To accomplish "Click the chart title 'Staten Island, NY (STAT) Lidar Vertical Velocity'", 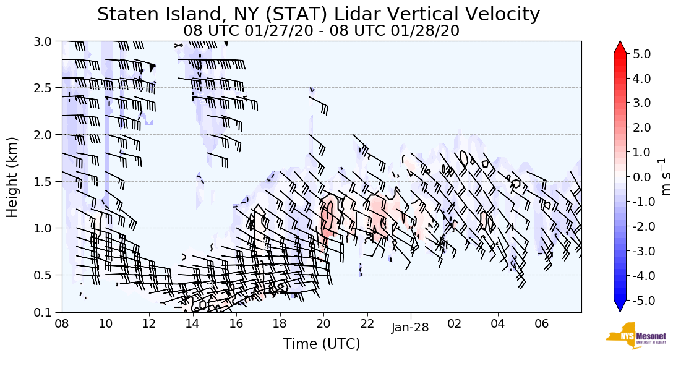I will click(x=319, y=14).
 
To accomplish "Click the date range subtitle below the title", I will click(x=321, y=30).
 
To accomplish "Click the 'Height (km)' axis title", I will click(x=12, y=177).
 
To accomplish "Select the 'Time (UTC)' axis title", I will click(x=322, y=344).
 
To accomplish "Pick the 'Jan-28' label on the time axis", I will click(x=410, y=328).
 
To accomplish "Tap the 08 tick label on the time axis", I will click(x=62, y=323).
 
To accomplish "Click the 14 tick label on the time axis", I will click(x=192, y=323).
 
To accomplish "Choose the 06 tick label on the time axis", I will click(x=542, y=323).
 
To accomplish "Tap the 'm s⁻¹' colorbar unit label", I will click(x=667, y=177).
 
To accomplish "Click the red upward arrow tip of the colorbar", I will click(x=620, y=46).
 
